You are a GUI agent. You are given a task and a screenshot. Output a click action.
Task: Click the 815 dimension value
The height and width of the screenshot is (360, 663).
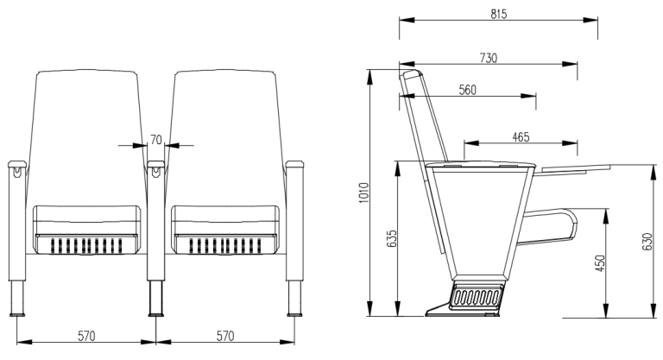[498, 15]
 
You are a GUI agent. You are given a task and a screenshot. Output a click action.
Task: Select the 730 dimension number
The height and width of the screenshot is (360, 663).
[489, 58]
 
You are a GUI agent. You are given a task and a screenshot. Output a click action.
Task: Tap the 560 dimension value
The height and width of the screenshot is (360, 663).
[468, 90]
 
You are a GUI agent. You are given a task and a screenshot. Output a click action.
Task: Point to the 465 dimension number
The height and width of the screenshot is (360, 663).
[521, 137]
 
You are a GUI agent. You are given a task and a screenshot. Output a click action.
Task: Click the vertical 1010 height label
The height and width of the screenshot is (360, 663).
[364, 193]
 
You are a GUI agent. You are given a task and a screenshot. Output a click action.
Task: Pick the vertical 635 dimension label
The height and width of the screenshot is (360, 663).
[392, 238]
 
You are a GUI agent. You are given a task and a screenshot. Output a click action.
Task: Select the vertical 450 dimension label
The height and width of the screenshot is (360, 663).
[600, 263]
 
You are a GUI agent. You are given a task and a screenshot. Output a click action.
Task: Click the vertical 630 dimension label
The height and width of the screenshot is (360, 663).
[647, 242]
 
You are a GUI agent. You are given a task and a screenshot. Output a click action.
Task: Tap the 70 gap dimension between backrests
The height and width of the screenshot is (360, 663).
[156, 140]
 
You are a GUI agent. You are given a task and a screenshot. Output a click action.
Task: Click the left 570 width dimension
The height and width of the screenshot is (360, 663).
[86, 336]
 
